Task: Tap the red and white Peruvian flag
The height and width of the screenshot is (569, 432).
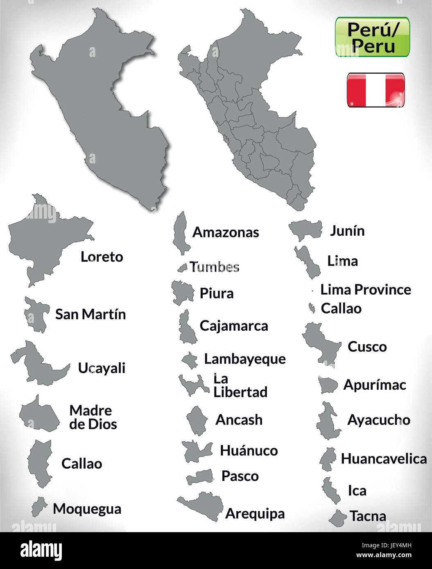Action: [x=375, y=90]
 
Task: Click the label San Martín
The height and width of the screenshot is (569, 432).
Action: [x=90, y=314]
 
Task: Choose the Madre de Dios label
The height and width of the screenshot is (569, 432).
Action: [x=93, y=417]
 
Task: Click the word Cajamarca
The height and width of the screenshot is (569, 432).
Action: [x=234, y=326]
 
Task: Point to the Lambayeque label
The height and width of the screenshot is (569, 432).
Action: [x=245, y=359]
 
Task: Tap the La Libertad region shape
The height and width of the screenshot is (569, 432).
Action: [x=191, y=385]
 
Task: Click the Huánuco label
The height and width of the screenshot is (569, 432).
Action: [x=249, y=450]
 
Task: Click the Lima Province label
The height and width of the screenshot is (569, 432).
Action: [x=366, y=290]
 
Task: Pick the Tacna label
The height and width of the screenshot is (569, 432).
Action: [x=368, y=516]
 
